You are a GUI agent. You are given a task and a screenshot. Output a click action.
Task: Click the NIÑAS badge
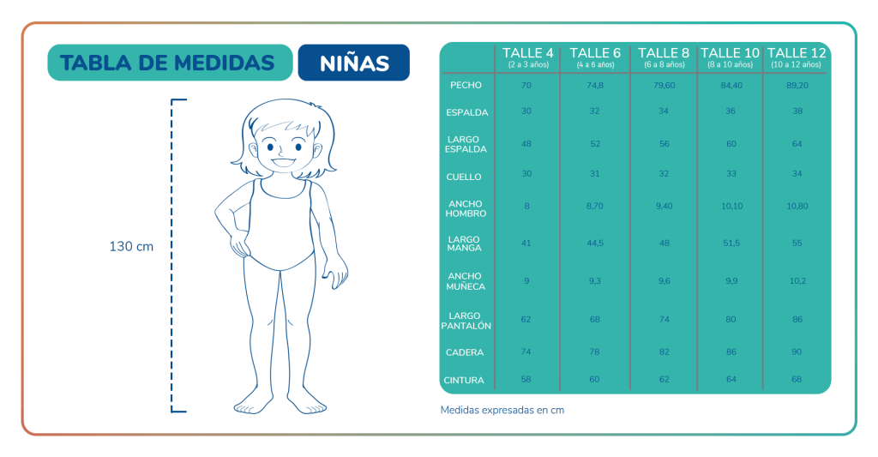[x=353, y=63]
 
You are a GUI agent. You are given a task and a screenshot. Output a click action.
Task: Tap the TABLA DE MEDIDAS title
[x=168, y=63]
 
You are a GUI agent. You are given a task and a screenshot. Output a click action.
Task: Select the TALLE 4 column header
[x=527, y=53]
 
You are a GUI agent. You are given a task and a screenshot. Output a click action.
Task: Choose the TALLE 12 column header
[x=797, y=53]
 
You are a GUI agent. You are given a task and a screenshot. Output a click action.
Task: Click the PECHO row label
[x=466, y=85]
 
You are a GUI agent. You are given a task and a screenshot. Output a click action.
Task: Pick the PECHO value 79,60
[x=663, y=85]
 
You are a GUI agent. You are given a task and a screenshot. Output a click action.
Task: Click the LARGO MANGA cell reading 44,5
[x=595, y=243]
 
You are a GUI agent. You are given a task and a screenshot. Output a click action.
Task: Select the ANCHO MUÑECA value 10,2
[x=797, y=280]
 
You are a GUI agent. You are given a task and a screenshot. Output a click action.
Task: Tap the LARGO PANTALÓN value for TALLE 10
[x=731, y=319]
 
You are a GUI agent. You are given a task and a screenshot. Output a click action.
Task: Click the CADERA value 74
[x=526, y=352]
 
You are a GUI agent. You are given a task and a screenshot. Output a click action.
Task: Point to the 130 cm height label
[x=131, y=246]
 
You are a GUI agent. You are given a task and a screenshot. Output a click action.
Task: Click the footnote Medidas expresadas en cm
[x=502, y=410]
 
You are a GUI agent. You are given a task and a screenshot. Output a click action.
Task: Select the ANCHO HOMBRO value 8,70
[x=595, y=206]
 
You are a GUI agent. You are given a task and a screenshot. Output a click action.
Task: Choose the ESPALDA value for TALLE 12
[x=797, y=112]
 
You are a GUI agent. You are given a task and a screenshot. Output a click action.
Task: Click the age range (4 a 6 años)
[x=595, y=65]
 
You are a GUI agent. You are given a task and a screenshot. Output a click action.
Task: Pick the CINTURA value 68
[x=797, y=380]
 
